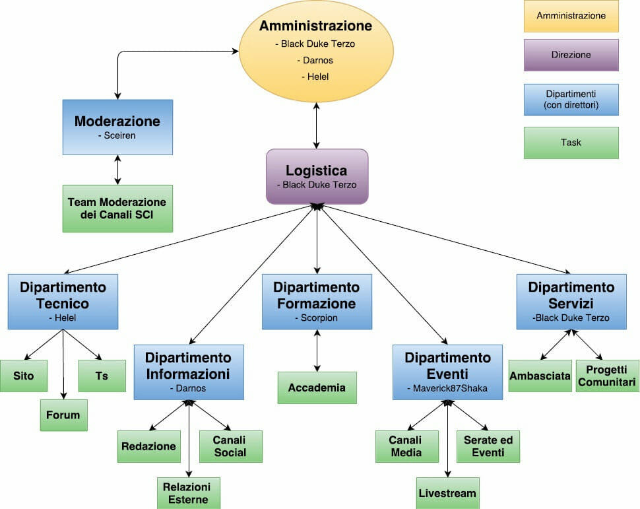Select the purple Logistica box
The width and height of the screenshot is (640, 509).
317,176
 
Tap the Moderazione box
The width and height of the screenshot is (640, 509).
117,127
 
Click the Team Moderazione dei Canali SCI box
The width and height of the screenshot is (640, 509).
117,209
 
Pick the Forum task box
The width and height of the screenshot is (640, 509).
63,415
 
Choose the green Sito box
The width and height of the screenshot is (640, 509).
24,376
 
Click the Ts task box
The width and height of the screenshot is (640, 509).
102,376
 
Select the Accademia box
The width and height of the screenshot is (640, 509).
317,388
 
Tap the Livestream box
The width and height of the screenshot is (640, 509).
448,493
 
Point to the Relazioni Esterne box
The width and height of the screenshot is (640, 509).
188,493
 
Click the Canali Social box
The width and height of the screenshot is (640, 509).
230,446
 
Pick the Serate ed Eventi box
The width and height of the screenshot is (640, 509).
488,446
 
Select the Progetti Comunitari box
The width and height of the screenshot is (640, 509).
607,376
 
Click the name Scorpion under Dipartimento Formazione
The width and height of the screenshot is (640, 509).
316,318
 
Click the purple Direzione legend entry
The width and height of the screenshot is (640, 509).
571,55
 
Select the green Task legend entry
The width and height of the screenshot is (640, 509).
571,143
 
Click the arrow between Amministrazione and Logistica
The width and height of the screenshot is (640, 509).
317,125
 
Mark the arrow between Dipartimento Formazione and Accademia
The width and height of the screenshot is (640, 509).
317,350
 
